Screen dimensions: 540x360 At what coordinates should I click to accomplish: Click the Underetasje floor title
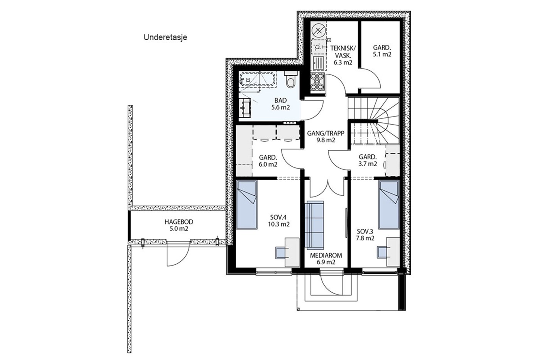[165, 37]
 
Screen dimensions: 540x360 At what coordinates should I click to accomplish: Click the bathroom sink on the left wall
[245, 108]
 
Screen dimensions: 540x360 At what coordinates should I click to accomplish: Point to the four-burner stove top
[317, 82]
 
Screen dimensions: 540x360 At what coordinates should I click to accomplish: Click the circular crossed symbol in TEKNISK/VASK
[319, 31]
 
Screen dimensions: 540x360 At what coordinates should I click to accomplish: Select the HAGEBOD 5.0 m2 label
[179, 225]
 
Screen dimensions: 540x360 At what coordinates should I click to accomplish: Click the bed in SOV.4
[246, 205]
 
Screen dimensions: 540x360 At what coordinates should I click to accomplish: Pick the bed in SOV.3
[389, 205]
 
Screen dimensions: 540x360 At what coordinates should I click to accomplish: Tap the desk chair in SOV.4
[281, 252]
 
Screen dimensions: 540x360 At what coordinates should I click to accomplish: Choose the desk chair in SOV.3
[382, 252]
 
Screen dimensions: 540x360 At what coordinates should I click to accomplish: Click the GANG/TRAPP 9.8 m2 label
[326, 137]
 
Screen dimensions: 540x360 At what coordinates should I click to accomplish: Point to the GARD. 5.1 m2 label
[382, 51]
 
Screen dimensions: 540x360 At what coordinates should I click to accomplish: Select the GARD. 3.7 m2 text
[368, 161]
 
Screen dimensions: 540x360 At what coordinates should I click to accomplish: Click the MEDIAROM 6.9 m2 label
[326, 259]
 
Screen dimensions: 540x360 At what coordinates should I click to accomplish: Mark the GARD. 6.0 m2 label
[268, 161]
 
